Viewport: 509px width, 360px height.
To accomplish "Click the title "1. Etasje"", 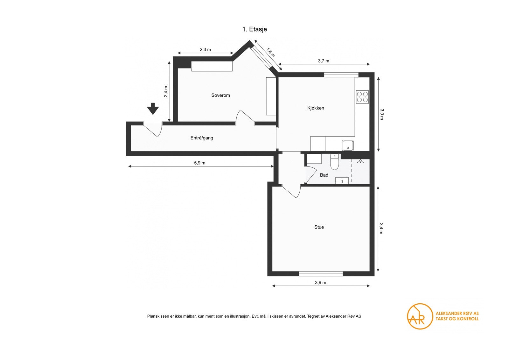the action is click(x=254, y=29).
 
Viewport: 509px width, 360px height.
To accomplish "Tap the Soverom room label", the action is click(x=220, y=95).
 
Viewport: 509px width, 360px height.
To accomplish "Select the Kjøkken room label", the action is click(x=316, y=108).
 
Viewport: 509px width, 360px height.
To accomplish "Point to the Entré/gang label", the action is click(x=202, y=138).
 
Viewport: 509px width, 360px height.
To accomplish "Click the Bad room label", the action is click(x=324, y=175).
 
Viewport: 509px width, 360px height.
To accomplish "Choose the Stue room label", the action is click(x=319, y=227).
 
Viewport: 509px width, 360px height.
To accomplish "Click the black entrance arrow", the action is click(x=153, y=109).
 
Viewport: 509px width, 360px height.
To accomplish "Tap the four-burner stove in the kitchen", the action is click(x=362, y=97).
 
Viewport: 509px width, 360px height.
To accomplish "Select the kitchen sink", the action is click(x=348, y=145).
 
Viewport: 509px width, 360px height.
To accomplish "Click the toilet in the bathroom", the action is click(x=334, y=162).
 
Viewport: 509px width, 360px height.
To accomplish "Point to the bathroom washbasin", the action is click(x=342, y=181).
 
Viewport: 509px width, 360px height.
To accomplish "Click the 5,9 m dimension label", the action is click(x=199, y=163).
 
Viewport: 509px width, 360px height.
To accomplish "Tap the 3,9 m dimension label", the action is click(x=320, y=282).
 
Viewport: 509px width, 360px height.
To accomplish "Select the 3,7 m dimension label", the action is click(x=324, y=61).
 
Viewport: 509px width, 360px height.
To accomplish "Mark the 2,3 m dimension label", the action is click(x=205, y=50).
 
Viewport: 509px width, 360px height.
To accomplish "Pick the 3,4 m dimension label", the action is click(x=381, y=228).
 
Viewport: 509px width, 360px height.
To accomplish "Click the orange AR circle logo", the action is click(x=420, y=316).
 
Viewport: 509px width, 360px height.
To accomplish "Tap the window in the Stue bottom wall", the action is click(x=321, y=274).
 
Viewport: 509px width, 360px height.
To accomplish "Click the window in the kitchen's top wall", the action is click(x=341, y=74).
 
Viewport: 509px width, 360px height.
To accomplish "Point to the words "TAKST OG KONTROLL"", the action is click(x=457, y=319).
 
